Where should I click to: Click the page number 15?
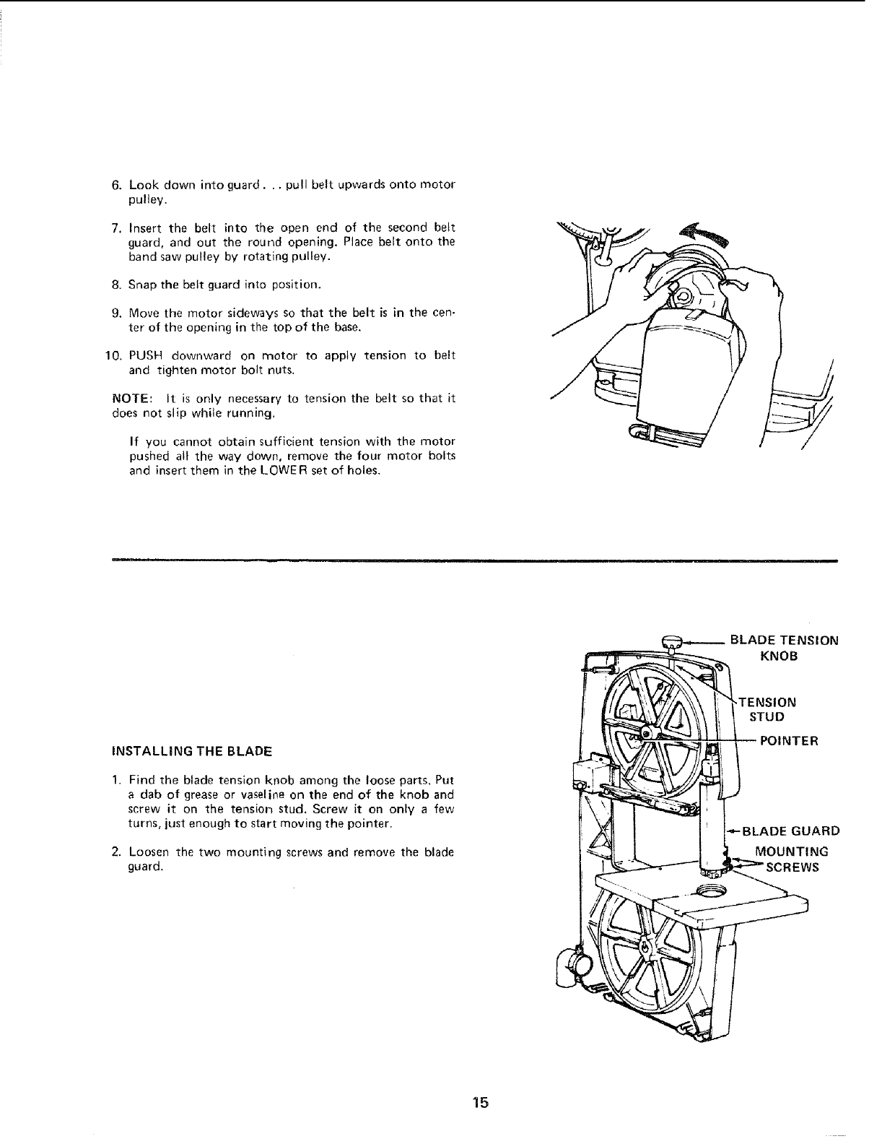pyautogui.click(x=481, y=1102)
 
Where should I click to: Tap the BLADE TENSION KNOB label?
pyautogui.click(x=784, y=647)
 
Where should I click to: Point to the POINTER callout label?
pyautogui.click(x=787, y=741)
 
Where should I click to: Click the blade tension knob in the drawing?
pyautogui.click(x=672, y=640)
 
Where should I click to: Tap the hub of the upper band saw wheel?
pyautogui.click(x=647, y=732)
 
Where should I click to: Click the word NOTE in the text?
pyautogui.click(x=130, y=399)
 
